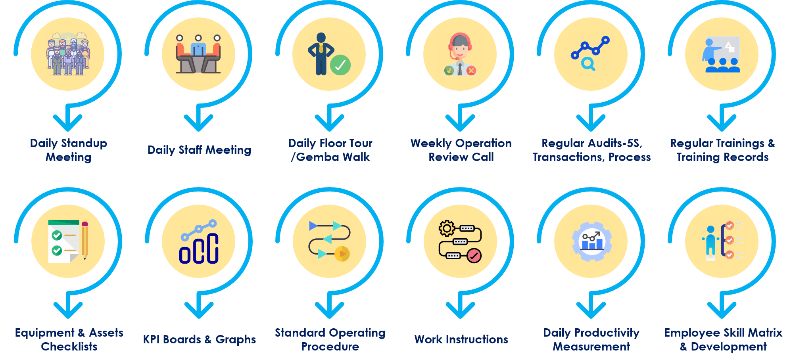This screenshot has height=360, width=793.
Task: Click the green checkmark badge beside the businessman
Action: (x=340, y=65)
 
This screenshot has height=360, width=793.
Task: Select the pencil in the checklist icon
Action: (x=84, y=240)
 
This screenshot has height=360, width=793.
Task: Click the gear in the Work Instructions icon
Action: (x=447, y=228)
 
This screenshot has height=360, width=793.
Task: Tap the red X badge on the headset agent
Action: (x=471, y=71)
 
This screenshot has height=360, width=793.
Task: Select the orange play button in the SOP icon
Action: (x=342, y=254)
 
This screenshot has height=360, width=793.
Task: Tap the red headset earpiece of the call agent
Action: (x=470, y=46)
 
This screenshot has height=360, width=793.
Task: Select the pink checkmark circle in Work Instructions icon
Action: (x=474, y=256)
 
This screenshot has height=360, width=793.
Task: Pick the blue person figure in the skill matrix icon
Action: (x=710, y=240)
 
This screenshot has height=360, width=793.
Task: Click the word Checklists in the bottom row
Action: (x=69, y=347)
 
